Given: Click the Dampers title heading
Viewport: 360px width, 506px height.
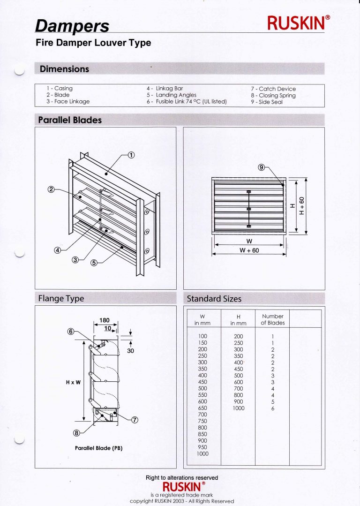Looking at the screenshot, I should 72,26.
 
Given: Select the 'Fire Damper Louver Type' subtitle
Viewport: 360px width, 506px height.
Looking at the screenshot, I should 93,43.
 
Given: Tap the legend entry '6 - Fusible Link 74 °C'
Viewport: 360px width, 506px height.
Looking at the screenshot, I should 187,102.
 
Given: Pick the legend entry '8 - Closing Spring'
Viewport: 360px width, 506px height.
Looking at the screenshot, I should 273,95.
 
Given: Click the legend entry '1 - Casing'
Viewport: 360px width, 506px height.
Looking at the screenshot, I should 60,88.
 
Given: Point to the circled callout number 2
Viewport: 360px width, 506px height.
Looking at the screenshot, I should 51,190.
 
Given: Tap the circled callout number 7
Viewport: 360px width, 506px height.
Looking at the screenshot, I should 135,420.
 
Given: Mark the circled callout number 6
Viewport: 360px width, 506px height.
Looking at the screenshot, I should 71,331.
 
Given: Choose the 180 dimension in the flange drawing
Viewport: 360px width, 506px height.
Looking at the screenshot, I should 105,320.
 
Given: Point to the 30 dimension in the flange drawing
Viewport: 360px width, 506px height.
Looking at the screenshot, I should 130,350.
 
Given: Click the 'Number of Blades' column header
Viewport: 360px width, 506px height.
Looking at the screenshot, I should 272,319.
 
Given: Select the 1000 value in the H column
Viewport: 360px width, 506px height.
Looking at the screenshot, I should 238,408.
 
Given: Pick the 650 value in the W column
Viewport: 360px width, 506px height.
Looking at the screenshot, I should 202,408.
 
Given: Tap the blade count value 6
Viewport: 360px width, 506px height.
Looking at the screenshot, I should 272,408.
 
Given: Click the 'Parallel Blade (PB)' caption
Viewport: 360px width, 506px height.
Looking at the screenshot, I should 98,448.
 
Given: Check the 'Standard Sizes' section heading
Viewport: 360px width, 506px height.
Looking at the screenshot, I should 214,299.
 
